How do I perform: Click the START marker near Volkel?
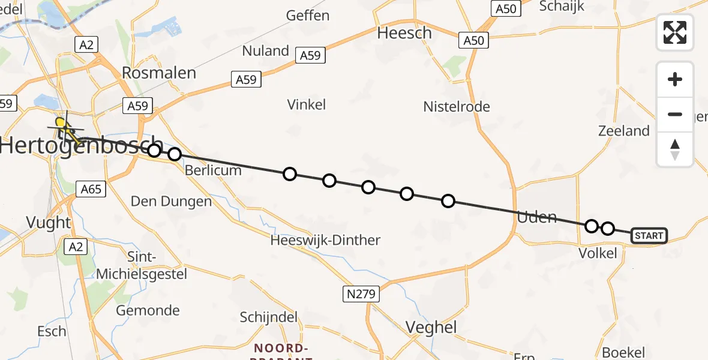pos(649,236)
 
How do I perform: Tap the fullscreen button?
pos(675,32)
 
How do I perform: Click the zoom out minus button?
pos(675,115)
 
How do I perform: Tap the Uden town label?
pos(537,217)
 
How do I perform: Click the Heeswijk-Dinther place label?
pos(325,241)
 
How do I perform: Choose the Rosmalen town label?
pos(159,73)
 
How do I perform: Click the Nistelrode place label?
pos(457,107)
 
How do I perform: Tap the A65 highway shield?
pos(91,190)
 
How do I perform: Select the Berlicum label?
pos(213,170)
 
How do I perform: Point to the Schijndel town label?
pos(269,317)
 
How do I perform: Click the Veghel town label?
pos(431,328)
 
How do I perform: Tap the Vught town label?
pos(49,223)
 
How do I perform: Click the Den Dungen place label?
pos(172,202)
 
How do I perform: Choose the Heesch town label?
pos(404,33)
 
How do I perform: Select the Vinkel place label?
pos(307,104)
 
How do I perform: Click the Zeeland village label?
pos(624,131)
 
